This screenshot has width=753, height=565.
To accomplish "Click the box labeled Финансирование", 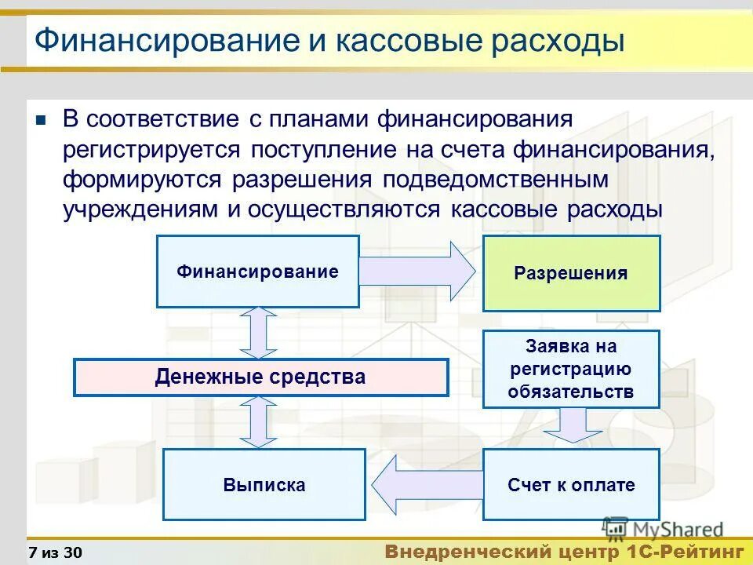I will coord(257,272).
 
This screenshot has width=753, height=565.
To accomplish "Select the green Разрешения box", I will coord(571,273).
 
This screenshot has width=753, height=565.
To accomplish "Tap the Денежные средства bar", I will coord(260,377).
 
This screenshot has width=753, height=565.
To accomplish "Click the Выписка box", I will coord(264,484).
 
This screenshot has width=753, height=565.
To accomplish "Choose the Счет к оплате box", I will coord(571,484).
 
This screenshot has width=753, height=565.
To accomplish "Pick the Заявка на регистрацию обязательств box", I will coord(571,369).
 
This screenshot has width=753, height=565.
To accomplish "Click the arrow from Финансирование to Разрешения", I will coord(420,272).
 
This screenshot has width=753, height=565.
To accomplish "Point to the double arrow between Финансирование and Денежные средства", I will coord(259,333).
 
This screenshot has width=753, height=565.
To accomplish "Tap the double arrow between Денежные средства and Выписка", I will coord(259,422).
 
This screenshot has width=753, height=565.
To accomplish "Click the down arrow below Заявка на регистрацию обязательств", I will coord(572,427).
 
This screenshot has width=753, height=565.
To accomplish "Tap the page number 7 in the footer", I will coord(32,552).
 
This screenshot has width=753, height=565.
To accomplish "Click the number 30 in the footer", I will coord(72,552).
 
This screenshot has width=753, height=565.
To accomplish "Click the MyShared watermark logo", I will coord(663,530).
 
